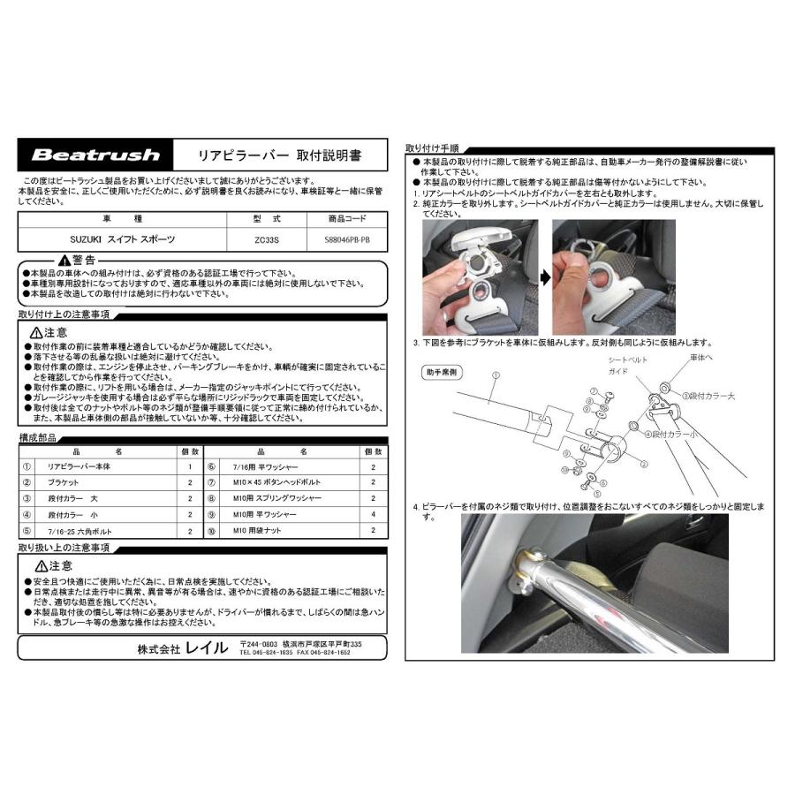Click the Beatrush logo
click(x=95, y=155)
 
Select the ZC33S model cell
click(x=265, y=238)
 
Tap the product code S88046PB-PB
click(x=341, y=238)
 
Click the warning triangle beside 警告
click(x=64, y=261)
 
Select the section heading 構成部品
click(x=39, y=437)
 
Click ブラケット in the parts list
click(x=64, y=482)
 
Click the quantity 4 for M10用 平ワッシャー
click(x=373, y=515)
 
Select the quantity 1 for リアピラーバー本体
click(x=189, y=466)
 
